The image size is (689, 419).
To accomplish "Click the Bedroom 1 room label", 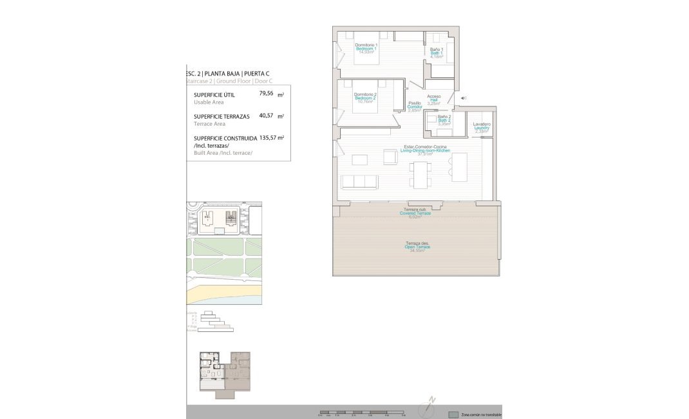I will pos(366,49).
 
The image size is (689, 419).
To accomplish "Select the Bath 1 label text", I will pos(437,53).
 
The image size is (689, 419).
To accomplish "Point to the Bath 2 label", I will pos(444,120).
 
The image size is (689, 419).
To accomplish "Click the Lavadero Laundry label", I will pos(482,128).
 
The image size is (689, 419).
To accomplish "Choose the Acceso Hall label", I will pos(434,100).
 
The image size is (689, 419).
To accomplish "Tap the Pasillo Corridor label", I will pos(415,106).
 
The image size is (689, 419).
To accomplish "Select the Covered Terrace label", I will pos(415,213).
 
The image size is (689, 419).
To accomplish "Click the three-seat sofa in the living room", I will pos(359,182).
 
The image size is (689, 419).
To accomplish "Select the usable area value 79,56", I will pos(266,93).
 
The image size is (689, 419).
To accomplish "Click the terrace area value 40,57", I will pos(266,116).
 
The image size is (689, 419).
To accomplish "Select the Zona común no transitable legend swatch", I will pos(453,414).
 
